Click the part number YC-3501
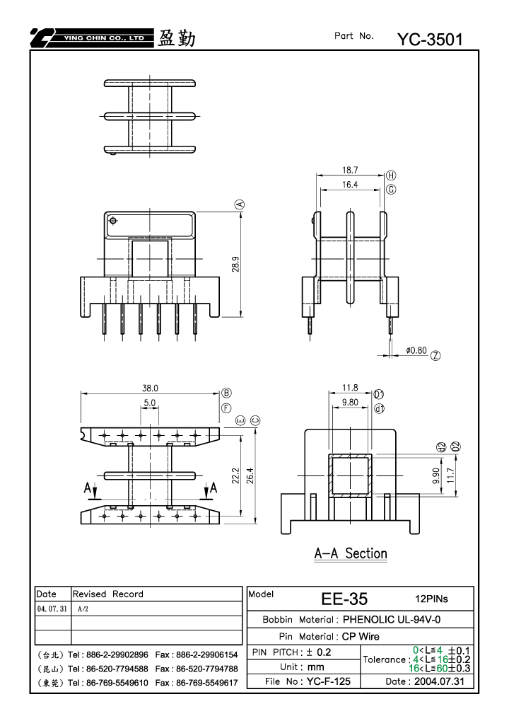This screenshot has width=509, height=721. tap(430, 40)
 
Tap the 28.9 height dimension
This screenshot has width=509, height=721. tap(235, 265)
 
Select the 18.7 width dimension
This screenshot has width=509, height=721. tap(350, 170)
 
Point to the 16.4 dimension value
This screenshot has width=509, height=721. tap(350, 185)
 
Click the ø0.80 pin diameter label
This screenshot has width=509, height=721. tap(416, 350)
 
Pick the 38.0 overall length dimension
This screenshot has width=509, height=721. tap(150, 388)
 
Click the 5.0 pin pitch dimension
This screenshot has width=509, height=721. tap(150, 403)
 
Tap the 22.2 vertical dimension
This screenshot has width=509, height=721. tap(235, 475)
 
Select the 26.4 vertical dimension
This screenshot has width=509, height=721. tap(250, 475)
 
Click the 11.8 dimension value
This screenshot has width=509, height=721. tap(350, 388)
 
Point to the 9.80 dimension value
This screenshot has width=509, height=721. tap(350, 403)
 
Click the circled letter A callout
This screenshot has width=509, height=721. tap(240, 204)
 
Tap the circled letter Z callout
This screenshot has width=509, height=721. tap(435, 355)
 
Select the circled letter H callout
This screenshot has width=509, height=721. tap(391, 175)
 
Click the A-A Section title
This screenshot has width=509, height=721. tap(351, 553)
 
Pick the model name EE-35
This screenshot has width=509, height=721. tap(344, 599)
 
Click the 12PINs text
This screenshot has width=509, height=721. tap(431, 599)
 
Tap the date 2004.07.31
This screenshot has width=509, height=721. tap(439, 681)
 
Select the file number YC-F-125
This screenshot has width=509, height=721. tap(329, 681)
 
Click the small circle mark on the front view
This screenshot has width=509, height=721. tap(114, 221)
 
